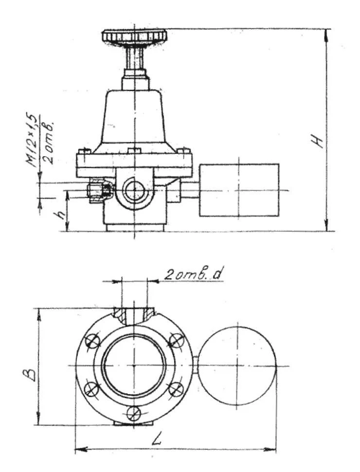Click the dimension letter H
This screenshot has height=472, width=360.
coord(319,141)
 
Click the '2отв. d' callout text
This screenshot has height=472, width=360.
coord(192,275)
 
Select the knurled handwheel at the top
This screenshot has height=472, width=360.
coord(134,36)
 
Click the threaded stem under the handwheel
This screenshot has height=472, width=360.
coord(134,57)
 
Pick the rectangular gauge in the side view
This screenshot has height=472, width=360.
coord(238,190)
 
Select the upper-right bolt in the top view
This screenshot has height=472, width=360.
coord(175,341)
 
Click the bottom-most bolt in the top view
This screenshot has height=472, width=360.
coord(133,413)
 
